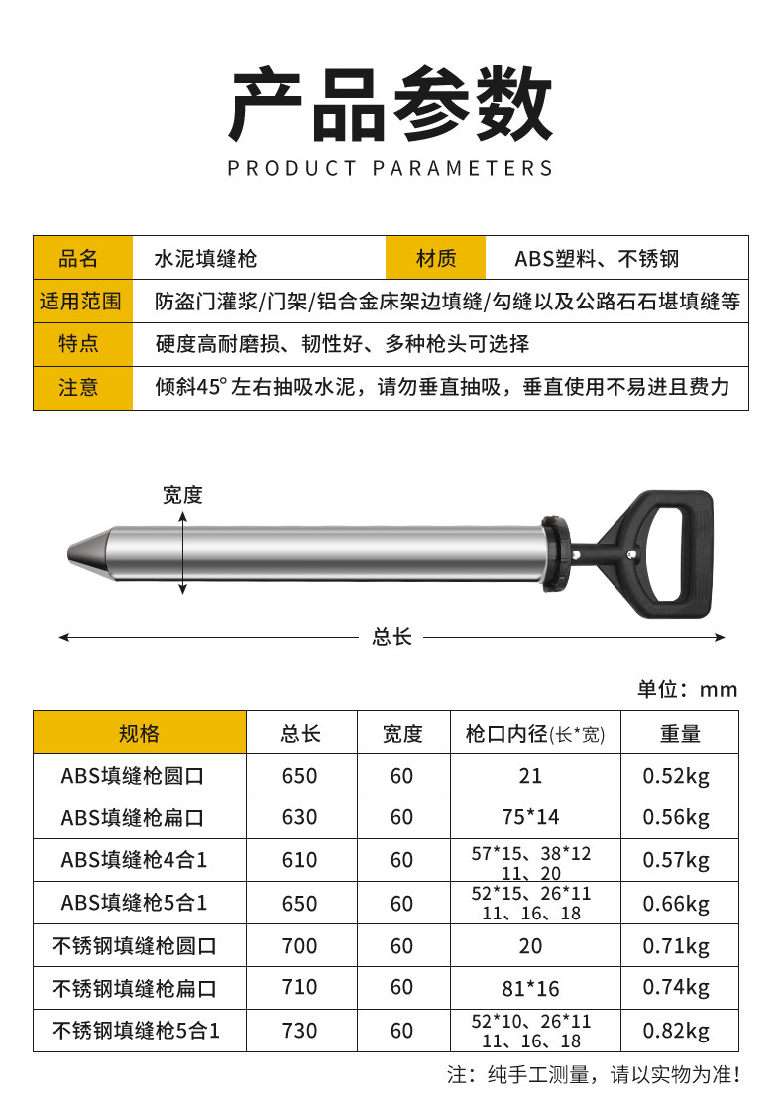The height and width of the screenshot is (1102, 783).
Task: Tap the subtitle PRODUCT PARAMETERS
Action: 391,168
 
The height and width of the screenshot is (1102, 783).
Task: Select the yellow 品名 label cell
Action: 82,258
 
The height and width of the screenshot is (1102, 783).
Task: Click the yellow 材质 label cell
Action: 436,258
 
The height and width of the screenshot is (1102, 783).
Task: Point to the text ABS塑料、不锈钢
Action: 597,259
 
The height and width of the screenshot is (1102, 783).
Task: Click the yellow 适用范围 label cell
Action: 82,301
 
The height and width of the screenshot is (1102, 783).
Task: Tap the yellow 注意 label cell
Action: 82,387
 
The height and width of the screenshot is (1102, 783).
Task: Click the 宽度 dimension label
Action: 182,495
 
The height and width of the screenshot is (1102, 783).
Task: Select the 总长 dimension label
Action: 391,637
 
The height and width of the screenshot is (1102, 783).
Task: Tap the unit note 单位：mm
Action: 688,690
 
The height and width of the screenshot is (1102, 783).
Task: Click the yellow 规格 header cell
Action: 139,733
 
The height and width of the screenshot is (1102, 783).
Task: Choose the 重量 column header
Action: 680,733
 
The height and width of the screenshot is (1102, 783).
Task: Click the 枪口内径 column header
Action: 535,733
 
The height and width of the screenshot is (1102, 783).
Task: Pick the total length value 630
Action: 300,817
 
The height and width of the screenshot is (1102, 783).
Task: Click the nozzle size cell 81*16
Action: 531,988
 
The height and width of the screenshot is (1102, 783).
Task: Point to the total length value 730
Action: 300,1032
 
